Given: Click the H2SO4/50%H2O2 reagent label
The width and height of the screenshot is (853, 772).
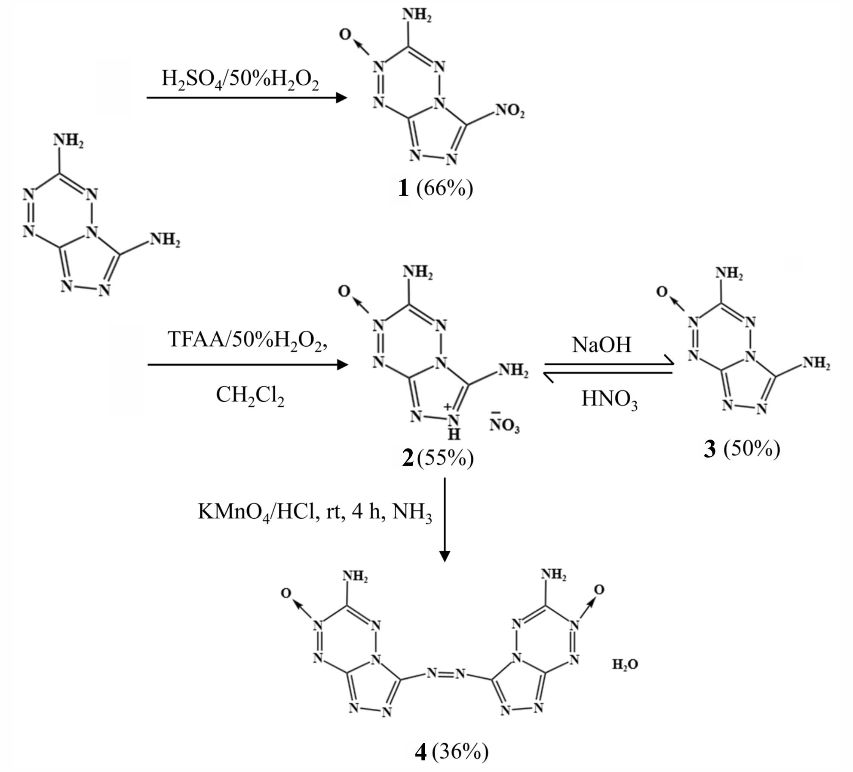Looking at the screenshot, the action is [x=240, y=80].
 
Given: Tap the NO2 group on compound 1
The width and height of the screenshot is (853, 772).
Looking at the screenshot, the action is [x=510, y=111].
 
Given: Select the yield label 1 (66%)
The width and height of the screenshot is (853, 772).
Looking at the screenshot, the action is [x=436, y=188].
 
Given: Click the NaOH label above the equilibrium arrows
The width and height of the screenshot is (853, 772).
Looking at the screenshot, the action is [x=601, y=344].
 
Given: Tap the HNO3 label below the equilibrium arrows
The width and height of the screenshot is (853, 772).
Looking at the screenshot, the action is [x=609, y=400].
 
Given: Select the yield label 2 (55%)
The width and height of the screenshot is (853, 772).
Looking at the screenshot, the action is [x=438, y=458].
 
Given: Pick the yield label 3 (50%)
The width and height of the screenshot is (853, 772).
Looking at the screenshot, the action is [x=742, y=449].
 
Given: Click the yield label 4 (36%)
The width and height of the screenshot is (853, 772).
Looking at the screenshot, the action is [x=451, y=752].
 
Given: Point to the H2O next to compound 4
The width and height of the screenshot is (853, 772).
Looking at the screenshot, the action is [x=625, y=664].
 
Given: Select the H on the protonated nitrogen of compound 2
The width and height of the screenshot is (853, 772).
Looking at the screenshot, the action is [x=454, y=435].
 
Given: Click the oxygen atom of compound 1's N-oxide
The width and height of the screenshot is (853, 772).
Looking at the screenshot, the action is [x=345, y=34].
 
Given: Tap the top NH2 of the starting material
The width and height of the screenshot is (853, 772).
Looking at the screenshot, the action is [x=68, y=141].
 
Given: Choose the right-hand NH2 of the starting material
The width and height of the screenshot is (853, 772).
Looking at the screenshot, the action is [x=165, y=240].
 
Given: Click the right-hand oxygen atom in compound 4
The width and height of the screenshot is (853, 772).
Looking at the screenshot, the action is [x=598, y=590].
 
